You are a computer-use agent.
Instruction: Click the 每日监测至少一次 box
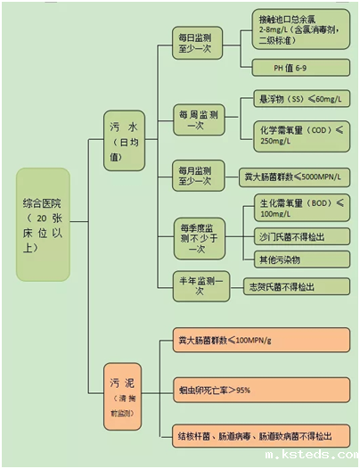pyautogui.click(x=196, y=43)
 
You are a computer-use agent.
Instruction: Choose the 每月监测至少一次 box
pyautogui.click(x=196, y=176)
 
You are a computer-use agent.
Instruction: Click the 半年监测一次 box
pyautogui.click(x=196, y=286)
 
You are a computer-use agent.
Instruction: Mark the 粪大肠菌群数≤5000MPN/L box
pyautogui.click(x=294, y=177)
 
